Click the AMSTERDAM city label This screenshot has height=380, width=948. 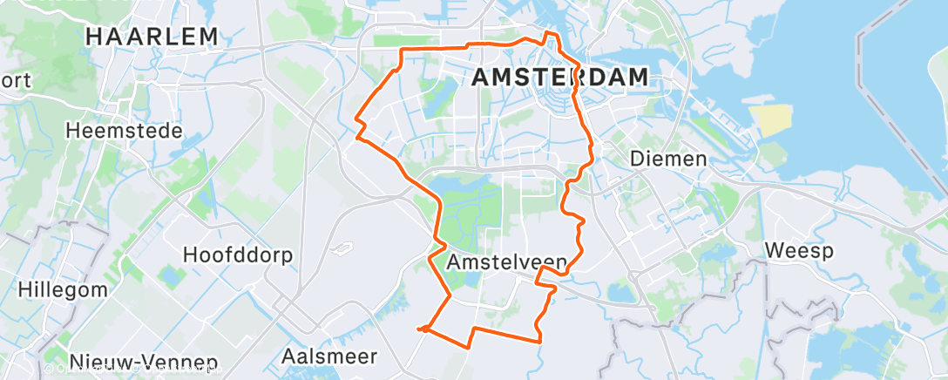[x=559, y=77]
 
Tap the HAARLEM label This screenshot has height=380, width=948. [x=152, y=37]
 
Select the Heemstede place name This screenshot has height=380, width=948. [x=125, y=131]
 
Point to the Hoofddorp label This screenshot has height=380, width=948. [x=238, y=255]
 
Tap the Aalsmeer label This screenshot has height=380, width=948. [x=329, y=356]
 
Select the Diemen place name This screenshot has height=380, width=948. [x=668, y=159]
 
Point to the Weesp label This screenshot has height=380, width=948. [x=799, y=251]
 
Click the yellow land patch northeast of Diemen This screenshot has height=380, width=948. [x=775, y=121]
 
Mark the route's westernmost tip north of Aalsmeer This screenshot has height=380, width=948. [x=420, y=329]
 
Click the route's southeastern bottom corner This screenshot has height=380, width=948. [x=538, y=339]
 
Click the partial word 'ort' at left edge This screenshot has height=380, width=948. [x=16, y=81]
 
